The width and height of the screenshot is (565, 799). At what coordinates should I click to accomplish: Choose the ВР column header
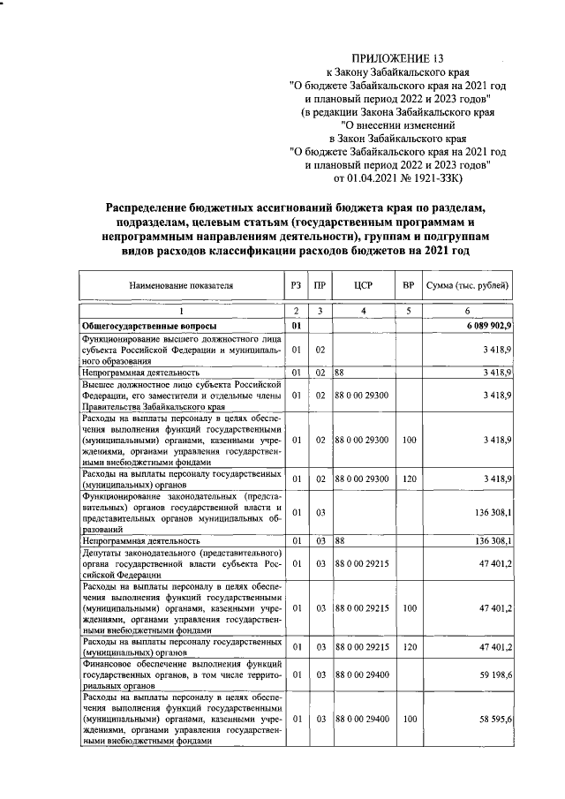tap(408, 286)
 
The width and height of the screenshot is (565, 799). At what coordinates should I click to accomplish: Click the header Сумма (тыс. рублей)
tap(467, 286)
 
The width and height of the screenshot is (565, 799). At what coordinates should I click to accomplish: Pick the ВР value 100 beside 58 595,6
tap(408, 720)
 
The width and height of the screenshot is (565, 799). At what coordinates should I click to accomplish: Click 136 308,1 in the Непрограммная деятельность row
tap(489, 540)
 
